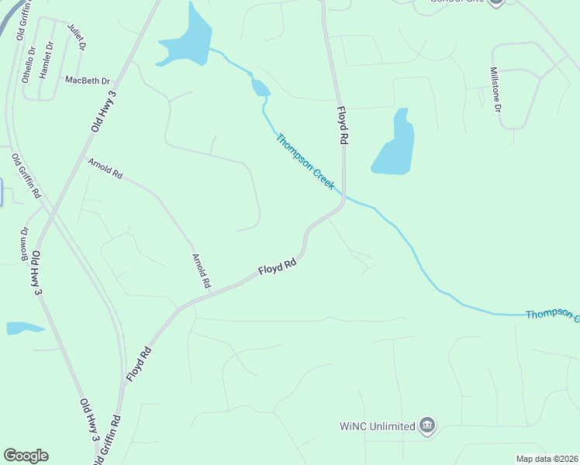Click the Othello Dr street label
[29, 64]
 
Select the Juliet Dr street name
[77, 37]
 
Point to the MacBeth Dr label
[88, 81]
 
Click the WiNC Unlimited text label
[377, 426]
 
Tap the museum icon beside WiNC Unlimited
[426, 425]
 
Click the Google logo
[26, 456]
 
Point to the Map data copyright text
[546, 459]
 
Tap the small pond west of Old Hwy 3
[23, 328]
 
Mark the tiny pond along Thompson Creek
[261, 88]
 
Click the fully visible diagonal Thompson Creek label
[306, 161]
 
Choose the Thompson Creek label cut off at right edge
[552, 315]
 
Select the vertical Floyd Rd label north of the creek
[341, 125]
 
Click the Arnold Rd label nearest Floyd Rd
[201, 270]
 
